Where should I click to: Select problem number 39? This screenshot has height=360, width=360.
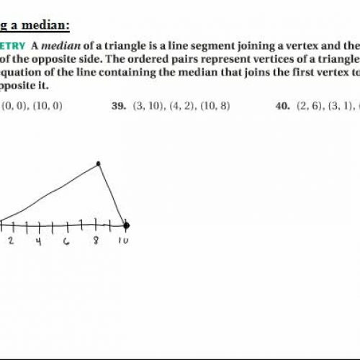(x=119, y=106)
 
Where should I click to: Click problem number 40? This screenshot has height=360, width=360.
(x=282, y=106)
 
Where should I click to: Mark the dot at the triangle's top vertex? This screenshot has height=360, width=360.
(x=98, y=164)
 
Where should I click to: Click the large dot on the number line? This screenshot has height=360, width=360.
(x=126, y=225)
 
